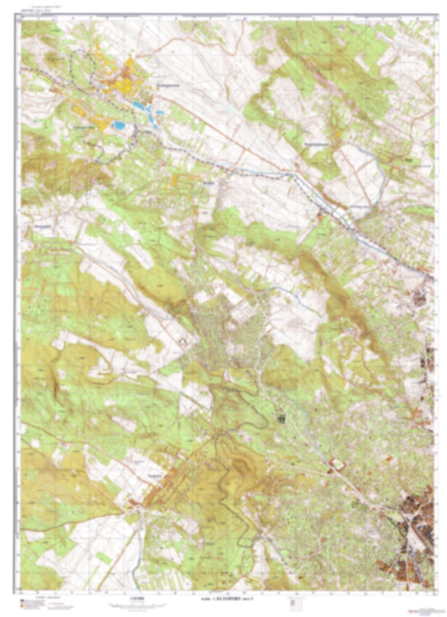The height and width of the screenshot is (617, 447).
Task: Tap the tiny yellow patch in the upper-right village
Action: (337, 134)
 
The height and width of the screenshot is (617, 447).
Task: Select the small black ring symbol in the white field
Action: (184, 341)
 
